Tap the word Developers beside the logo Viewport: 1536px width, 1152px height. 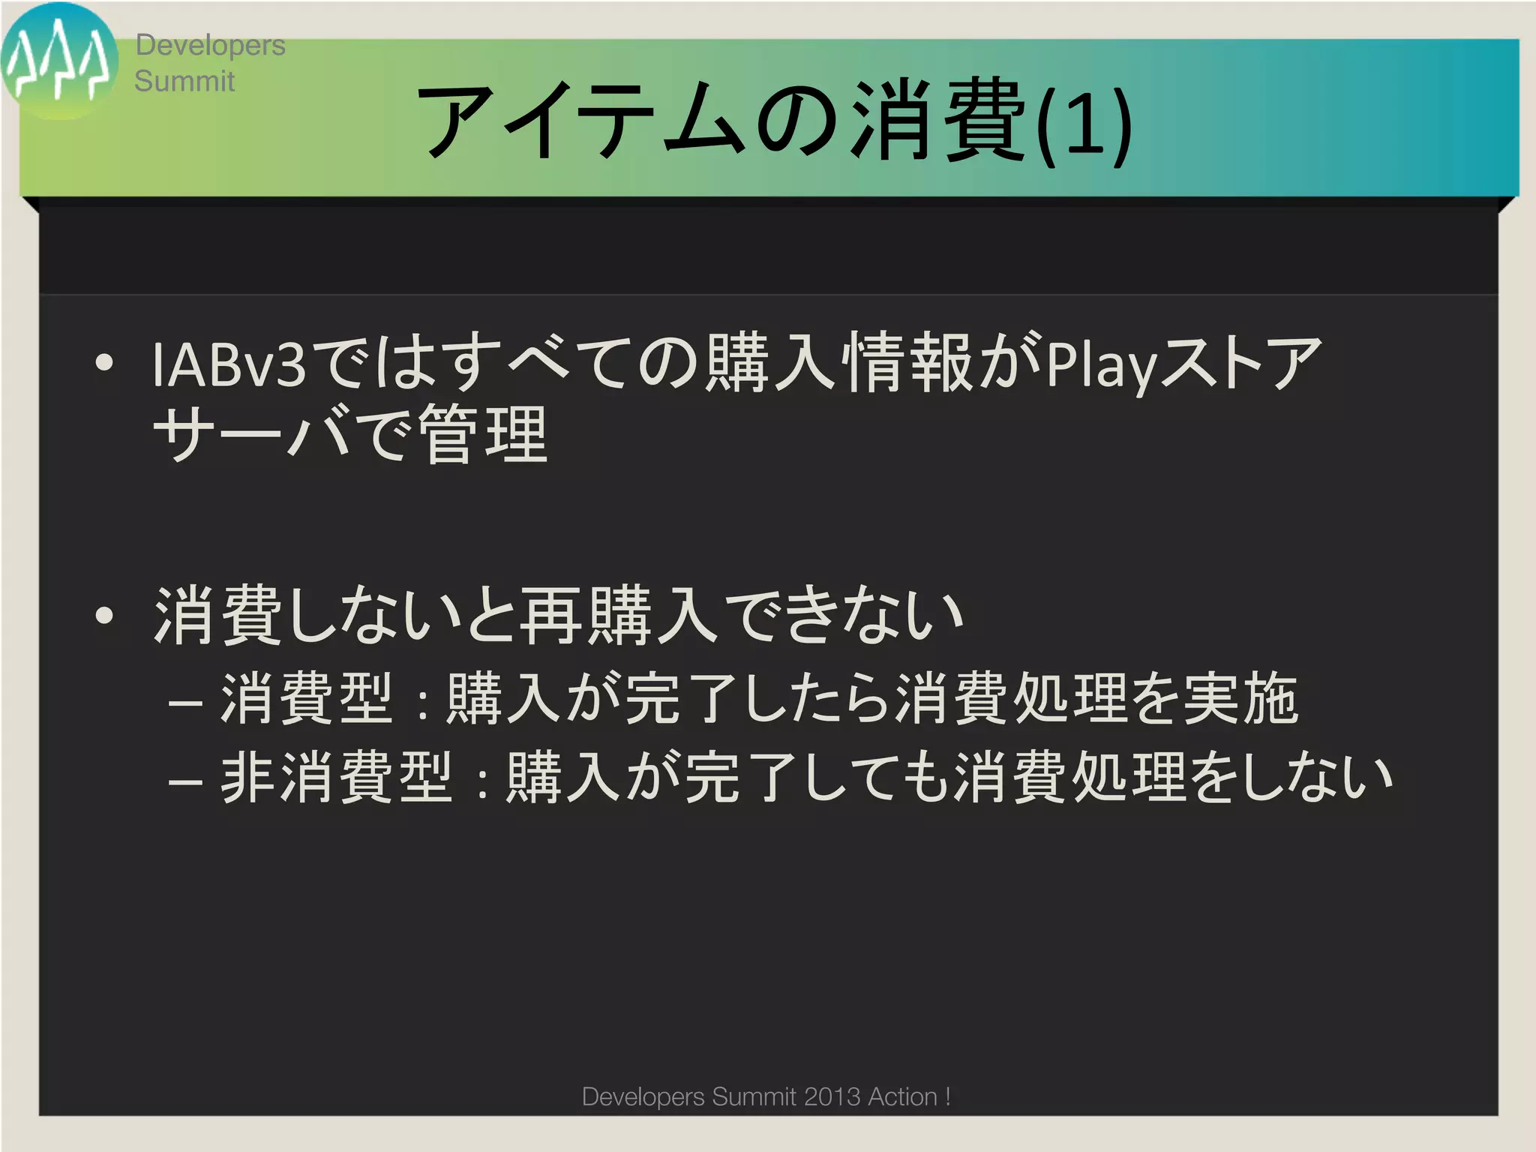click(210, 45)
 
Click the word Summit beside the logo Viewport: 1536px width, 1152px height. click(184, 81)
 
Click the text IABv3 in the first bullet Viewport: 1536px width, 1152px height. click(228, 364)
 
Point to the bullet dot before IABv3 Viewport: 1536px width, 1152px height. click(105, 364)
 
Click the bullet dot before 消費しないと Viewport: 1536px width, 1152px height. click(105, 616)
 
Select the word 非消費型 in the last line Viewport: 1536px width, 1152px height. click(337, 778)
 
